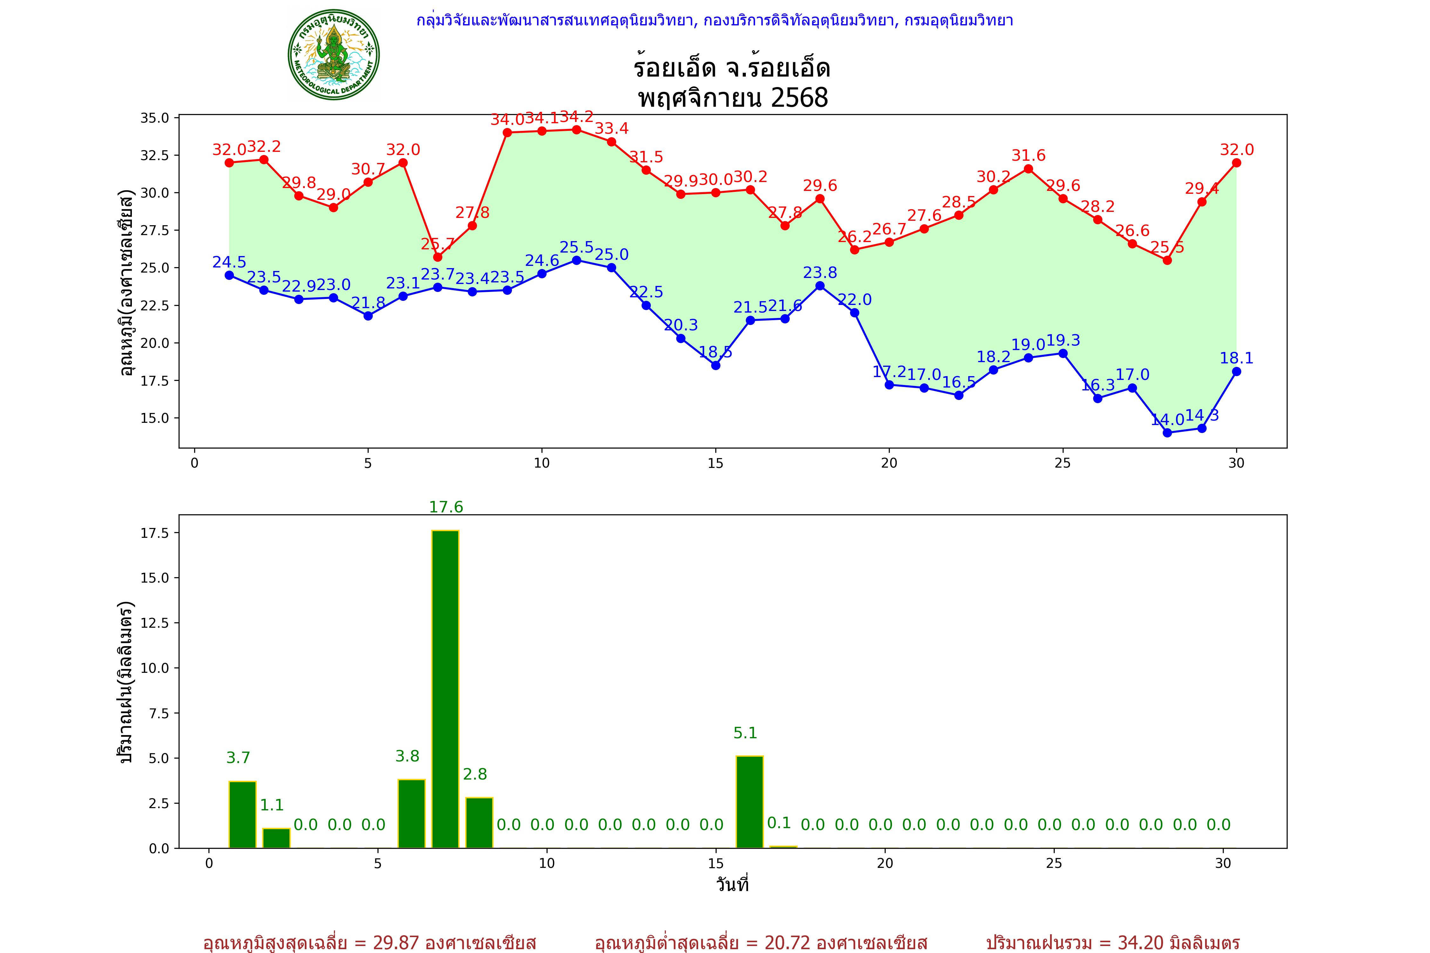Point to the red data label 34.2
point(576,116)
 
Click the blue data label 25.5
point(576,247)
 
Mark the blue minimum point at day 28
point(1167,433)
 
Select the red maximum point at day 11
point(576,130)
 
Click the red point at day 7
point(438,257)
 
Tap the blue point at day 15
point(716,365)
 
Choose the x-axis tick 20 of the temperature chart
point(889,463)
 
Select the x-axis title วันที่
point(732,884)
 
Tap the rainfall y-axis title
point(125,682)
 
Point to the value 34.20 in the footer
point(1139,943)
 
